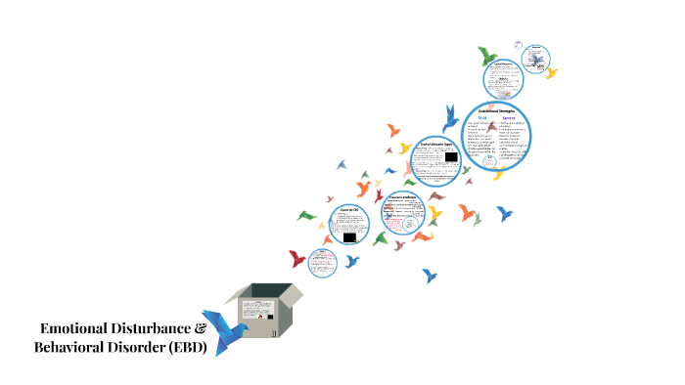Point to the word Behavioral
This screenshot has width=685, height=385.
click(73, 347)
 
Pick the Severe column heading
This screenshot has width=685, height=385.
click(513, 118)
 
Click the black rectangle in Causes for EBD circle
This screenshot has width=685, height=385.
click(349, 235)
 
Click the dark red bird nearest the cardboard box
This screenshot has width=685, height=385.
click(297, 259)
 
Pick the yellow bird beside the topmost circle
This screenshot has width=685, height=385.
click(552, 72)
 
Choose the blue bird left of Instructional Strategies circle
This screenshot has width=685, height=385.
click(451, 118)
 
